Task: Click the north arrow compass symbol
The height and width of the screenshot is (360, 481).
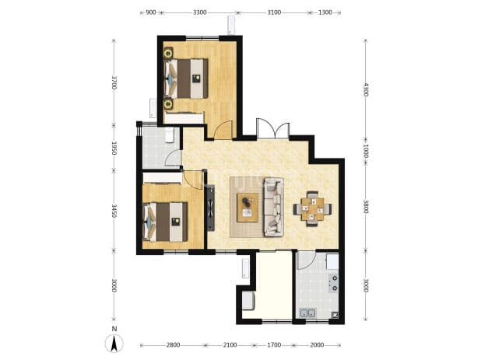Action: point(114,343)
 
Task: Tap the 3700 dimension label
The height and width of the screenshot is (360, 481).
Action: point(114,82)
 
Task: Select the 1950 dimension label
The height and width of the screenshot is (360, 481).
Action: point(114,148)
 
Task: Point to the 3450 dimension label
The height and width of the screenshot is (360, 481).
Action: point(114,211)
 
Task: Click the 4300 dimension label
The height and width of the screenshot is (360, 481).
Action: point(365,89)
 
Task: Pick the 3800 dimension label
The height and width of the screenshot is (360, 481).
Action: point(365,207)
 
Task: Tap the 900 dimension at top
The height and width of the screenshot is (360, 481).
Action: point(151,12)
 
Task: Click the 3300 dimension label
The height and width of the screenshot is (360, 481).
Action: point(200,12)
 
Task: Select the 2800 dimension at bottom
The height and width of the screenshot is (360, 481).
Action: point(173,345)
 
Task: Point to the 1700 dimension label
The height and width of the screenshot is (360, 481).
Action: point(274,345)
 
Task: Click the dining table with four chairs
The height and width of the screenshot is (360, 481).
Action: point(312,209)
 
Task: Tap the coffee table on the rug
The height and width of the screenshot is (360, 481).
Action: point(248,208)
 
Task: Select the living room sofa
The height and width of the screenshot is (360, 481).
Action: point(274,208)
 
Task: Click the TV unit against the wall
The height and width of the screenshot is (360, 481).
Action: point(210,207)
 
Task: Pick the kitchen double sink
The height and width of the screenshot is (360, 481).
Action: point(308,313)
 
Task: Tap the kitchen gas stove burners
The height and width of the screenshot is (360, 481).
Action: point(333,283)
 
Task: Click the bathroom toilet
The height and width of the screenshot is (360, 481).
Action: point(170,135)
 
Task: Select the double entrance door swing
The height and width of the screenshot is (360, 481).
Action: point(273,128)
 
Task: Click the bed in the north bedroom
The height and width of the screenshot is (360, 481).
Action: point(186,79)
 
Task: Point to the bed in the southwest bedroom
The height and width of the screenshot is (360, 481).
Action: point(165,222)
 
